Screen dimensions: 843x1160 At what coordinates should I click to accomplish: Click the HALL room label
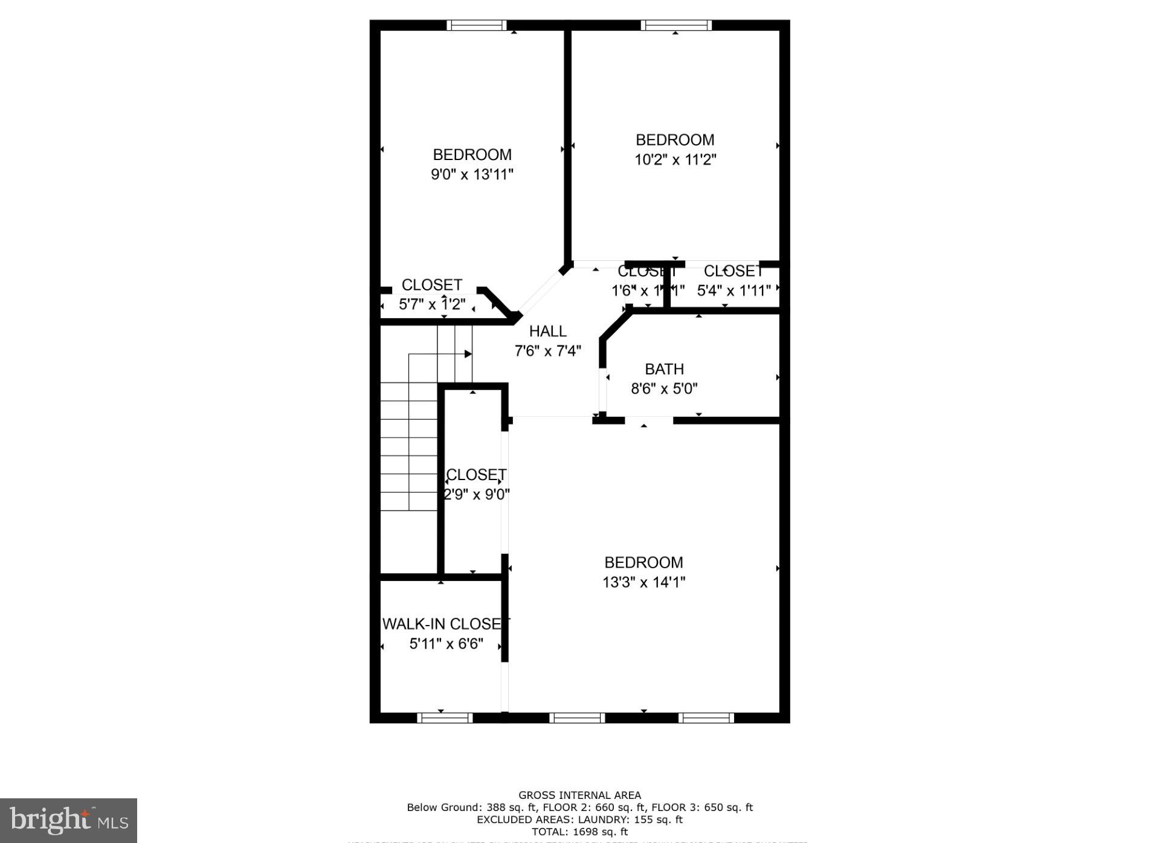pyautogui.click(x=547, y=331)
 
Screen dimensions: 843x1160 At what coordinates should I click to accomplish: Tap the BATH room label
pyautogui.click(x=664, y=369)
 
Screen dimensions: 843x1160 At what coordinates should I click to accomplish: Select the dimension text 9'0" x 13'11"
pyautogui.click(x=472, y=175)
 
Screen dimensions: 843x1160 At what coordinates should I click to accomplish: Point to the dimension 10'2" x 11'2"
pyautogui.click(x=675, y=160)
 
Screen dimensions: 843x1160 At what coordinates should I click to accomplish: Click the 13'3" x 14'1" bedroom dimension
pyautogui.click(x=643, y=582)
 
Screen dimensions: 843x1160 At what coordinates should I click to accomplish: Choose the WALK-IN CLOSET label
pyautogui.click(x=446, y=624)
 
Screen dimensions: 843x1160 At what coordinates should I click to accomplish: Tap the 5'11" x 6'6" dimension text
pyautogui.click(x=446, y=644)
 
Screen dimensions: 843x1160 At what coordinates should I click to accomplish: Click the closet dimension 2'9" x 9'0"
pyautogui.click(x=477, y=495)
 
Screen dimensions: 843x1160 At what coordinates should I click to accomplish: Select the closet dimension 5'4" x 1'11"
pyautogui.click(x=733, y=290)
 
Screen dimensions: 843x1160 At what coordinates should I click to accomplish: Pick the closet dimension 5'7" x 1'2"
pyautogui.click(x=432, y=304)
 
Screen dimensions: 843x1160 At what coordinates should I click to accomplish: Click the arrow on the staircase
pyautogui.click(x=468, y=354)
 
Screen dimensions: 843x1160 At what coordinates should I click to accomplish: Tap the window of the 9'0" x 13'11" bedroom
pyautogui.click(x=477, y=25)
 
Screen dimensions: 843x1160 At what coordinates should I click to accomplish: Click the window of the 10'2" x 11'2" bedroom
pyautogui.click(x=675, y=25)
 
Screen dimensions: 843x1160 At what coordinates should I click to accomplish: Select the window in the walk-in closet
pyautogui.click(x=445, y=717)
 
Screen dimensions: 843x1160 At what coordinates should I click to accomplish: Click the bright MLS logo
pyautogui.click(x=68, y=820)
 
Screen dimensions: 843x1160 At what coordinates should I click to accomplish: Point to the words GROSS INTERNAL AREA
pyautogui.click(x=579, y=795)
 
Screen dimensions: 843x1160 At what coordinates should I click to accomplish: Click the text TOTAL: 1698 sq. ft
pyautogui.click(x=579, y=832)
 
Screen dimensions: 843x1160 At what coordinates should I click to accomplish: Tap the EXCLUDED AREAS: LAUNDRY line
pyautogui.click(x=579, y=819)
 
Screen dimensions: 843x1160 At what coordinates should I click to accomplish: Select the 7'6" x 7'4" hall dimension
pyautogui.click(x=547, y=351)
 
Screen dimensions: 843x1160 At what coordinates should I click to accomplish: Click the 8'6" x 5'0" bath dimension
pyautogui.click(x=664, y=389)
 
